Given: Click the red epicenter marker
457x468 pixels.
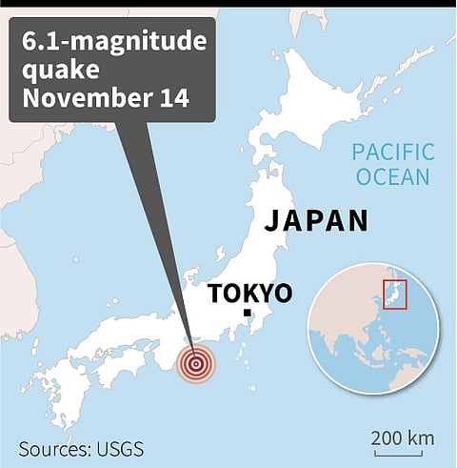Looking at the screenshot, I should click(197, 363).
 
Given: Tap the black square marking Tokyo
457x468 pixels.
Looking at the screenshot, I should click(247, 313).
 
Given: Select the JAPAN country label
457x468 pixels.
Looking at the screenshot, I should click(315, 221).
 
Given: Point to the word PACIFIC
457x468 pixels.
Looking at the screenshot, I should click(392, 152).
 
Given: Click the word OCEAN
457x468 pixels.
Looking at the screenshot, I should click(393, 176).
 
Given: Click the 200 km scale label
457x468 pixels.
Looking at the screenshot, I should click(404, 438).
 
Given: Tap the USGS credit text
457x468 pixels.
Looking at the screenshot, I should click(122, 447).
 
